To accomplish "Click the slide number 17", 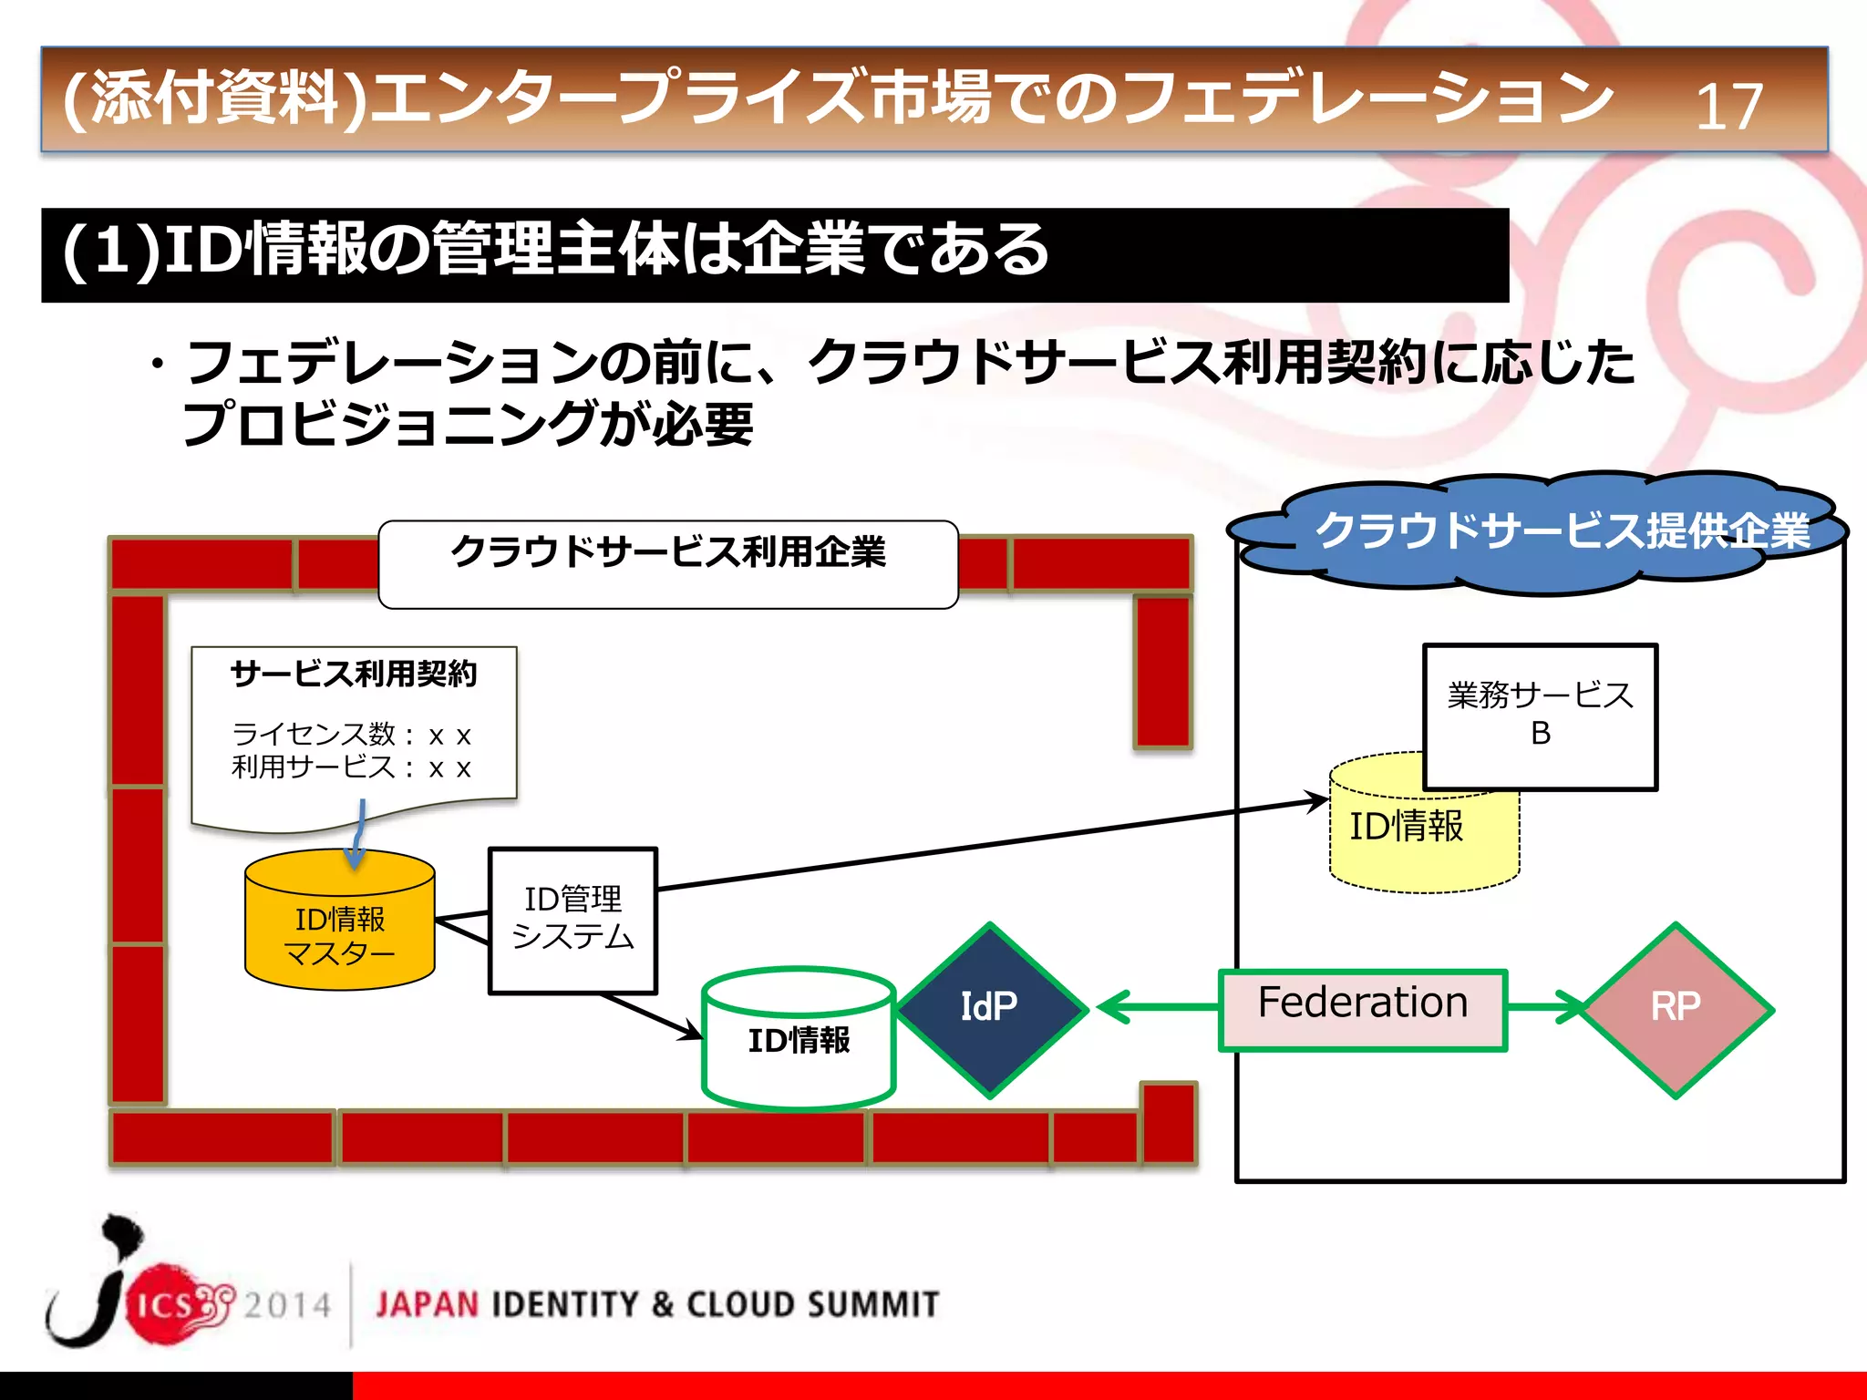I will [1728, 107].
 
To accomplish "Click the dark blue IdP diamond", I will [991, 1008].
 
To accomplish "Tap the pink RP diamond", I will [1676, 1008].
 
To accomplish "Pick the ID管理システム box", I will [572, 919].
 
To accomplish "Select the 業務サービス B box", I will [1540, 715].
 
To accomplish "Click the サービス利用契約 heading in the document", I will [354, 674].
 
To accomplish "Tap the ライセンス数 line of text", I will [351, 734].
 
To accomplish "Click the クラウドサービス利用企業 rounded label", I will [667, 561].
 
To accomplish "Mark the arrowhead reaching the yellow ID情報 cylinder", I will [1317, 801].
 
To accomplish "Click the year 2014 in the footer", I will [286, 1305].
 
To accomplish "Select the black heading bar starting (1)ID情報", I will [775, 254].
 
